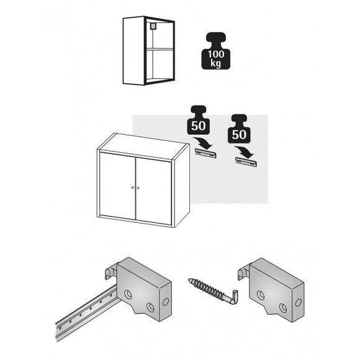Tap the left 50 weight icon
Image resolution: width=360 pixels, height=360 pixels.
point(199,122)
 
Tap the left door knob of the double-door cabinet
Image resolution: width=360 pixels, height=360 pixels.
point(132,187)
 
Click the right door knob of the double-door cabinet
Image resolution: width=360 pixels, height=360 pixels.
point(139,188)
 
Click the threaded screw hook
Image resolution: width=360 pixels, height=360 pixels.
point(207,290)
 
